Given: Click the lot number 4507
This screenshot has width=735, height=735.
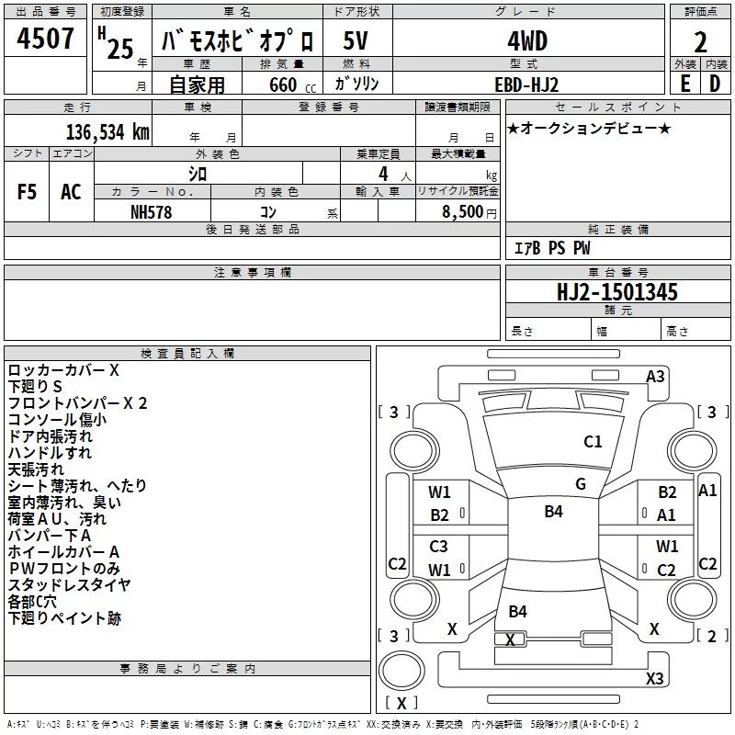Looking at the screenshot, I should [x=45, y=40].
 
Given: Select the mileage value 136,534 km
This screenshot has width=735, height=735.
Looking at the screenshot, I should [x=107, y=131].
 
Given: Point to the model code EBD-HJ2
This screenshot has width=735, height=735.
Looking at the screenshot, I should [x=526, y=84].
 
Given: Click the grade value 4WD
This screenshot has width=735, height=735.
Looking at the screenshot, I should [x=526, y=41].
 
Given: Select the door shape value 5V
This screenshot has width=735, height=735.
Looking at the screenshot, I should [x=356, y=41].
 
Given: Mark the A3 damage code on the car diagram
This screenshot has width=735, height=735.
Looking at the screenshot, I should [x=655, y=376].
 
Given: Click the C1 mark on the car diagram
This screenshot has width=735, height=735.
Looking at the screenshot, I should [x=594, y=442].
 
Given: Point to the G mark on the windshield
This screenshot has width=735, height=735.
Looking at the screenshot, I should [x=581, y=483].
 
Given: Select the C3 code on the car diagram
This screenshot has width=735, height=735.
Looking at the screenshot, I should [x=439, y=547].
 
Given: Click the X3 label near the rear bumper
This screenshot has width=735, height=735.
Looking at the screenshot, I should [x=654, y=678].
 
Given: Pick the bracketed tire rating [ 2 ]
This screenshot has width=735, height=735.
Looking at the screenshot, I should [x=707, y=635].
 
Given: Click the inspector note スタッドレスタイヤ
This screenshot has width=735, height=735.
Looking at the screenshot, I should [x=69, y=585].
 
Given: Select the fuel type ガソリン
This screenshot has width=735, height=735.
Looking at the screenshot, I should [x=356, y=84].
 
